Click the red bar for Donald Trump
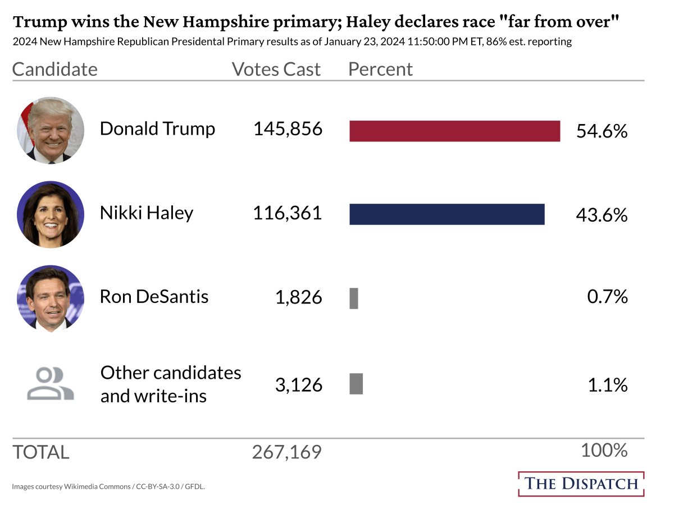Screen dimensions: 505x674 tap(454, 131)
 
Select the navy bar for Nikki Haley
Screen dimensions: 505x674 tap(447, 214)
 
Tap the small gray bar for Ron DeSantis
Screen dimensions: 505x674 tap(354, 298)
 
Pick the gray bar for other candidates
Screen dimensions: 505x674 tap(356, 384)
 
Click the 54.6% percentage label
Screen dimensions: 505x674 tap(602, 131)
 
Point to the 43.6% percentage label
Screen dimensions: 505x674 tap(602, 215)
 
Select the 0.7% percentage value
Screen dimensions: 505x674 tap(607, 296)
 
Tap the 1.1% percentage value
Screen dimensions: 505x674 tap(608, 384)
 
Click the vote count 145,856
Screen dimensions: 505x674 tap(288, 129)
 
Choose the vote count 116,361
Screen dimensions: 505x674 tap(288, 213)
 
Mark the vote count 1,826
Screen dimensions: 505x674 tap(298, 297)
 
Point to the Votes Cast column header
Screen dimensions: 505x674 tap(276, 69)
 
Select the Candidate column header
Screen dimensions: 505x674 tap(54, 69)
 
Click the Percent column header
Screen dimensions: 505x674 tap(380, 69)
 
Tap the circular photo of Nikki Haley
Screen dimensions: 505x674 tap(51, 214)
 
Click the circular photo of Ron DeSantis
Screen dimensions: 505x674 tap(51, 298)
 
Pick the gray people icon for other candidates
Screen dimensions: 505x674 tap(51, 384)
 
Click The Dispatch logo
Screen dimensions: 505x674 tap(581, 484)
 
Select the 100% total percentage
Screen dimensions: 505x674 tap(604, 450)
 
